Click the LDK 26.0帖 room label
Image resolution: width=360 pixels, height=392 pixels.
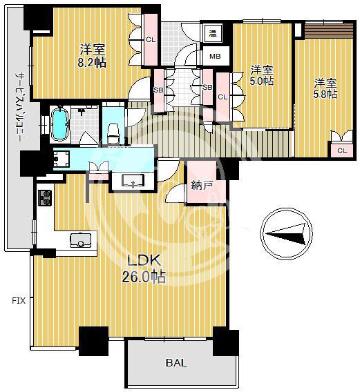point(144,268)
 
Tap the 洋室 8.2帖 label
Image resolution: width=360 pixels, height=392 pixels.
point(92,55)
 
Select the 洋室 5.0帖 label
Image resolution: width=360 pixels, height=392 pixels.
point(262,75)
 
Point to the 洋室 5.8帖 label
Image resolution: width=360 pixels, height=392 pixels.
point(325,88)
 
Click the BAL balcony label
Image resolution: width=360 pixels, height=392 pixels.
point(176,362)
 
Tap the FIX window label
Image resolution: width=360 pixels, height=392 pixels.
point(19,300)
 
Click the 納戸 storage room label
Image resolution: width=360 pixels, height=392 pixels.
point(202,186)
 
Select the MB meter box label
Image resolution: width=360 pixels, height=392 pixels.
point(215,57)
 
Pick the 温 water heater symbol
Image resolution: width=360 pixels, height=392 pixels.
point(213,34)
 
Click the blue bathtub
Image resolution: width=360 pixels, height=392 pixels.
point(59,124)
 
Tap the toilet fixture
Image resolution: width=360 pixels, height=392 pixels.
point(113,133)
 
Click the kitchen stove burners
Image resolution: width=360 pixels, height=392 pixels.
point(45,198)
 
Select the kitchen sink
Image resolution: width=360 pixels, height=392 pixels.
point(80,240)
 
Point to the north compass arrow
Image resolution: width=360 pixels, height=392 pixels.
point(286,234)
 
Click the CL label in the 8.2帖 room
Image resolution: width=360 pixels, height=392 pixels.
point(151,39)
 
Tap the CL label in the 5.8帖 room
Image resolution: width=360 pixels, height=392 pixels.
point(342,150)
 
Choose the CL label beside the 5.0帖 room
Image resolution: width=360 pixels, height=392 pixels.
point(222,97)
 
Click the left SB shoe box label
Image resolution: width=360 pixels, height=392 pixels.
point(158,90)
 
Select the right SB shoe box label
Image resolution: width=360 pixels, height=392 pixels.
point(207,87)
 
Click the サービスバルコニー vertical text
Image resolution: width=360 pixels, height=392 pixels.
point(19,108)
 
